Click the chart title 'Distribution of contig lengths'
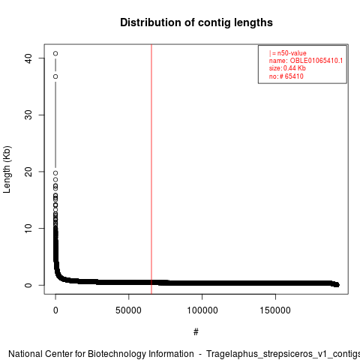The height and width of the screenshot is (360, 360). click(196, 22)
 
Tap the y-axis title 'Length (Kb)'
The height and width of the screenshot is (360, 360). click(7, 169)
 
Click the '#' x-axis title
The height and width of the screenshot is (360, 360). click(196, 332)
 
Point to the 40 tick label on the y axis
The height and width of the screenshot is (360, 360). click(28, 58)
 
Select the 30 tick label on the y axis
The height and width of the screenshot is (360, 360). click(28, 115)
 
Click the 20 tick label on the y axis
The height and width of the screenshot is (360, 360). click(28, 172)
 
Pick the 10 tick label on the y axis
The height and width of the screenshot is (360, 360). click(28, 228)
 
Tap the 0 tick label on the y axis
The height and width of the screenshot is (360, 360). click(28, 285)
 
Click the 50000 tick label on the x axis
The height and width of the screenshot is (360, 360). click(128, 310)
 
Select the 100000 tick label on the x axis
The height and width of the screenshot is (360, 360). click(202, 310)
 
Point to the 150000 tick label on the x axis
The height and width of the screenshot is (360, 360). click(275, 310)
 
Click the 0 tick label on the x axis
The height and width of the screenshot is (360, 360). click(55, 310)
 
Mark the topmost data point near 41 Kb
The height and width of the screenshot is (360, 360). click(55, 53)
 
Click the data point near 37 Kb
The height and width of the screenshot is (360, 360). click(55, 76)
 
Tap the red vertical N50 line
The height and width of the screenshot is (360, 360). click(151, 169)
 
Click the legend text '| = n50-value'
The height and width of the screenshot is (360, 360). click(288, 53)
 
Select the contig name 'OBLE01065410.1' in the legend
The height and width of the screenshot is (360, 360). click(316, 61)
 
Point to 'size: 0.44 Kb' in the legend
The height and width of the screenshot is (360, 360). click(287, 68)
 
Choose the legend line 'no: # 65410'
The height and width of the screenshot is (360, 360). click(286, 76)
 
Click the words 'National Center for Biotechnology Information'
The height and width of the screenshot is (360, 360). click(101, 354)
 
